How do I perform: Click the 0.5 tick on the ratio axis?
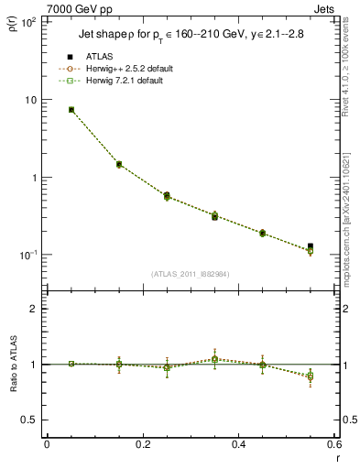pyautogui.click(x=31, y=420)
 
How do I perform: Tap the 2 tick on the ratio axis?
pyautogui.click(x=35, y=309)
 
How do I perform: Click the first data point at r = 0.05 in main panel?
pyautogui.click(x=71, y=110)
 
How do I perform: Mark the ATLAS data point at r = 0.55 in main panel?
pyautogui.click(x=311, y=246)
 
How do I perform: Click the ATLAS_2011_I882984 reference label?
pyautogui.click(x=190, y=274)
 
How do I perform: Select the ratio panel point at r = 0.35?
pyautogui.click(x=214, y=359)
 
